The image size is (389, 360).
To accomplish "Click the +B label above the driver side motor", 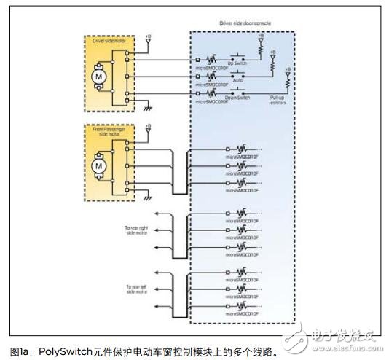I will [x=148, y=34].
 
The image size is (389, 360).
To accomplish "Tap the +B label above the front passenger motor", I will [x=148, y=125].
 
